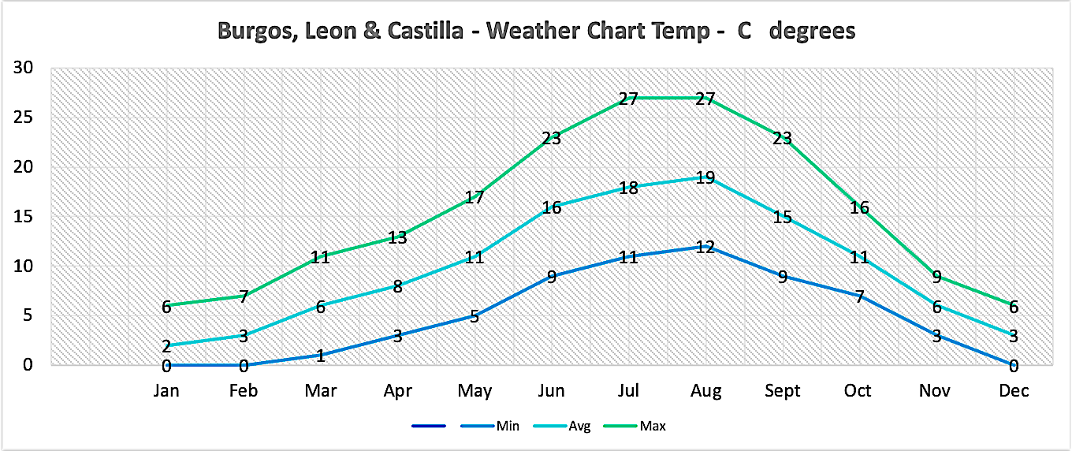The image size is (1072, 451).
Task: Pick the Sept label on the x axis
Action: click(782, 391)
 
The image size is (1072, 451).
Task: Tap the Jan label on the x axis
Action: click(166, 391)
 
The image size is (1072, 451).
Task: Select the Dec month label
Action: click(1014, 391)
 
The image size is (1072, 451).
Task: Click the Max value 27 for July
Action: click(628, 99)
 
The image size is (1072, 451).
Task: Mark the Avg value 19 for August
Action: click(705, 177)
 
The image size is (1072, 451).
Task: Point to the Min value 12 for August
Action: click(705, 247)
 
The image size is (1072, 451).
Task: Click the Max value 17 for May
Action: click(475, 197)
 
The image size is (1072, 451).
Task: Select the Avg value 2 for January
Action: click(166, 346)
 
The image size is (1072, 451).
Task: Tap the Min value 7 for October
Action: click(859, 296)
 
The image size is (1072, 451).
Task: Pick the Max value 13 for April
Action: click(397, 237)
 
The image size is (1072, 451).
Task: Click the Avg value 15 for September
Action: click(782, 217)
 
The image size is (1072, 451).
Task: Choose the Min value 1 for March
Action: click(321, 356)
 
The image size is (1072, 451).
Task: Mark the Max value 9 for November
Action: click(936, 277)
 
